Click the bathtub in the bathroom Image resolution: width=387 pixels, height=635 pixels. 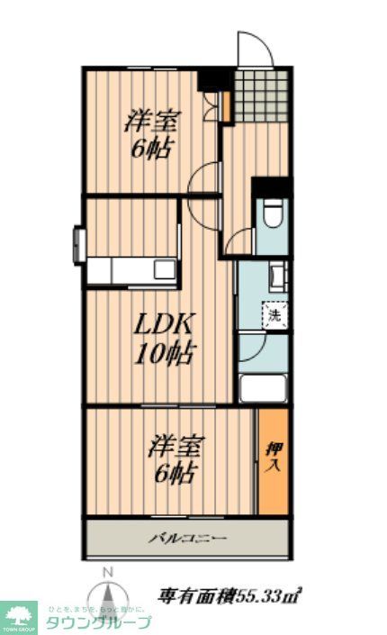[x=263, y=389]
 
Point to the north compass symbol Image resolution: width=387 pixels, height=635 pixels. [x=108, y=601]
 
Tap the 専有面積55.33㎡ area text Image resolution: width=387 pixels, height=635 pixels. [x=229, y=595]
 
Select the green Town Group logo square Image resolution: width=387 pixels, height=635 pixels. [x=18, y=617]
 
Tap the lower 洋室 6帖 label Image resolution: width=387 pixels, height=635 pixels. [x=174, y=458]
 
